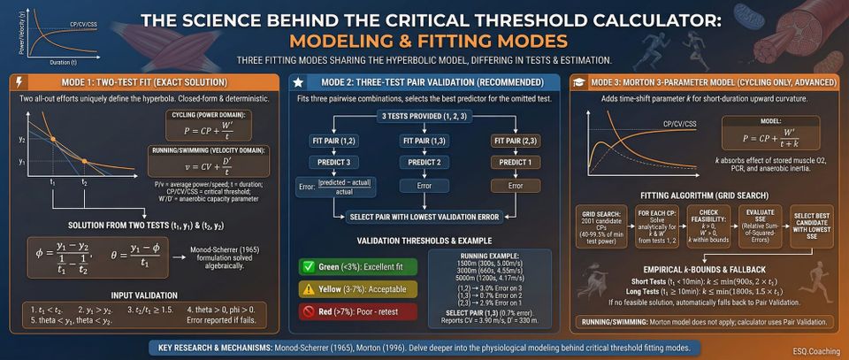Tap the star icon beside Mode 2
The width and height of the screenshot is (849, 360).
coord(300,81)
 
